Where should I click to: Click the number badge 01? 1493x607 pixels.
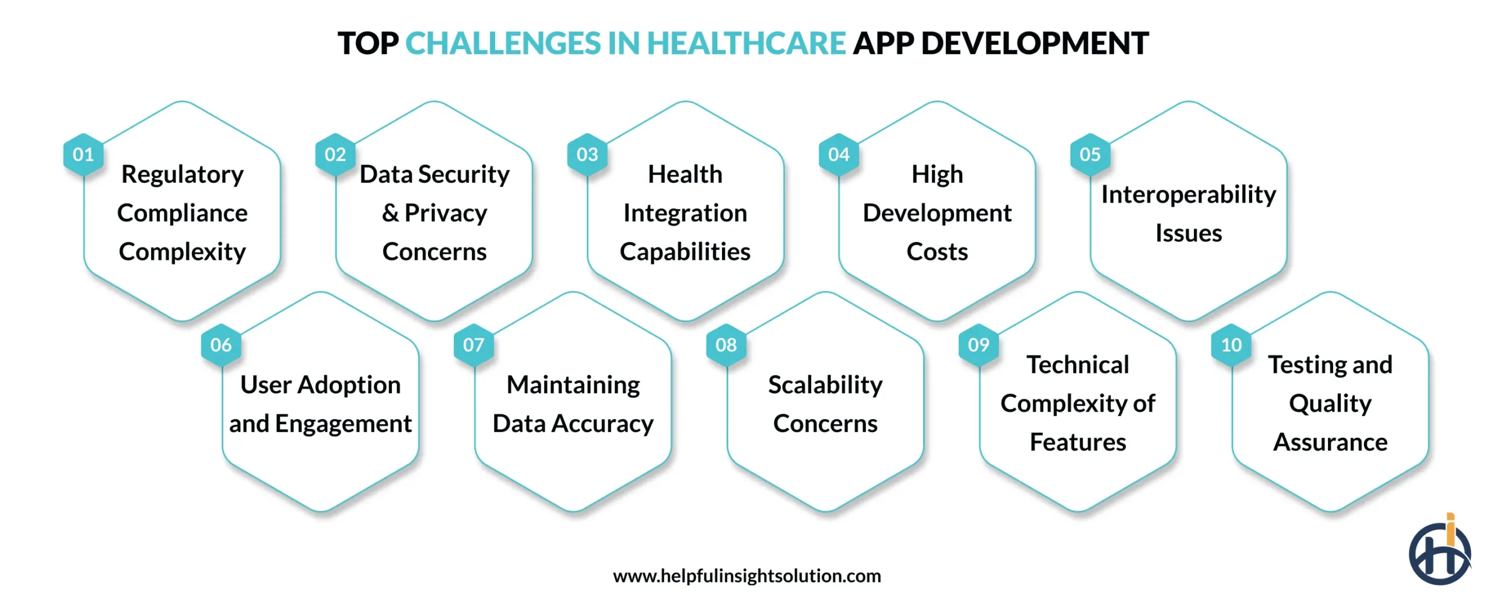click(83, 155)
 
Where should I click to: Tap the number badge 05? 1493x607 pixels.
click(1089, 155)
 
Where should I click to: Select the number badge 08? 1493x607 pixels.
click(726, 345)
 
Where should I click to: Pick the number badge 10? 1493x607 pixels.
click(1231, 345)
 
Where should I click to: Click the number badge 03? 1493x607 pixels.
click(587, 155)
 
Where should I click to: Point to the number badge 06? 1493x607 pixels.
click(221, 345)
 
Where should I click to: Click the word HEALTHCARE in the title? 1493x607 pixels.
click(746, 44)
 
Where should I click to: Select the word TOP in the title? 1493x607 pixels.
click(368, 44)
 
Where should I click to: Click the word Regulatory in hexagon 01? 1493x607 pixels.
click(183, 175)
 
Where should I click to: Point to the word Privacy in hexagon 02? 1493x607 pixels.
click(446, 214)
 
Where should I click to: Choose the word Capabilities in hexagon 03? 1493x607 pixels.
click(685, 252)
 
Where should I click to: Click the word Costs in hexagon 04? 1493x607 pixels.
click(937, 252)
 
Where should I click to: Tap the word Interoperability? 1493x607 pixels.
click(1188, 194)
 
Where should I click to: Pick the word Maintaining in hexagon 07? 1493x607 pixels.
click(573, 385)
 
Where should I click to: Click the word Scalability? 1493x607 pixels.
click(825, 385)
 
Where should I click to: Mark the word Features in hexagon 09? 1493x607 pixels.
click(1077, 442)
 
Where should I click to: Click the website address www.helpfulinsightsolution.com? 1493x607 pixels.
click(746, 576)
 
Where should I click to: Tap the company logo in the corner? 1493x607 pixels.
click(1439, 551)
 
